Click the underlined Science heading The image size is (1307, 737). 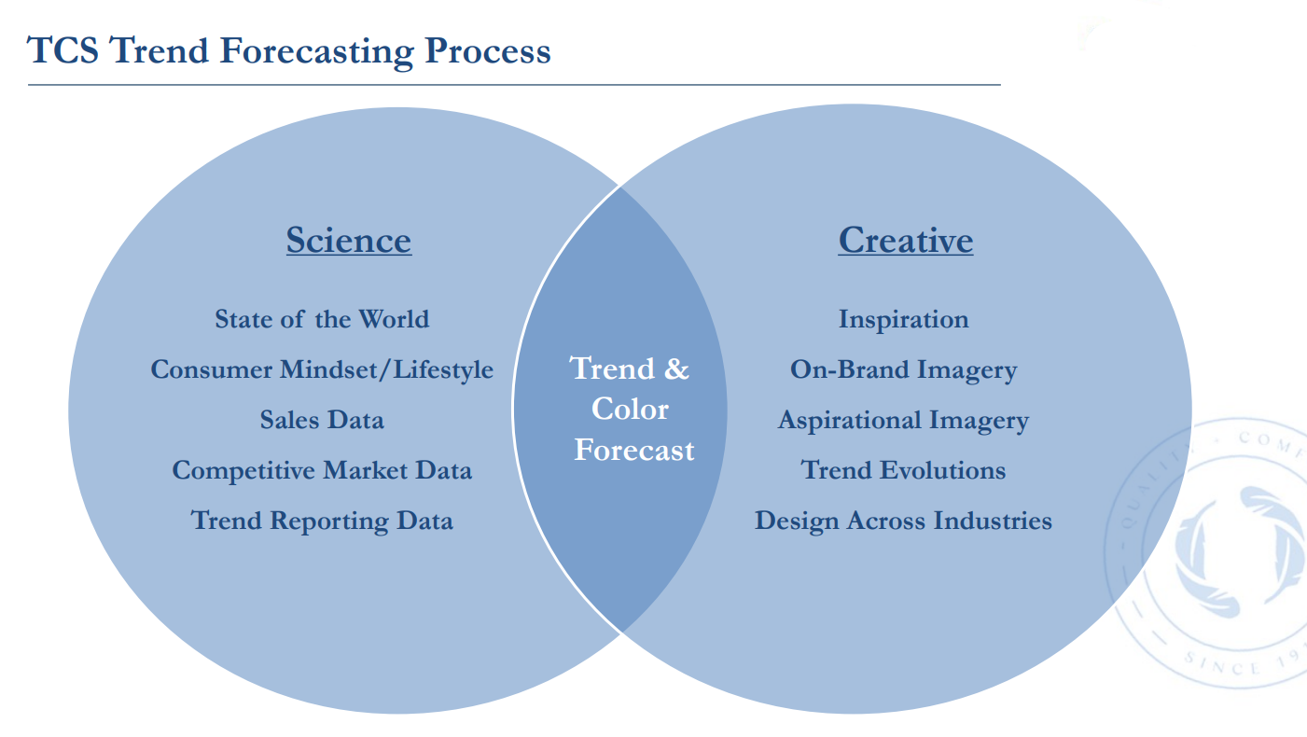pos(349,241)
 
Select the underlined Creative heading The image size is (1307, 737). pos(906,241)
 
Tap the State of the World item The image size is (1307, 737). pos(322,319)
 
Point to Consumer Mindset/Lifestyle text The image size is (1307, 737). pos(322,370)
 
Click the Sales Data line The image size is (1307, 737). pos(322,420)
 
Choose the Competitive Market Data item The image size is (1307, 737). pos(322,470)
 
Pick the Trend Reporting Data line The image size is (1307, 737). pos(322,521)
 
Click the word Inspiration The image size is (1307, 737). pos(904,320)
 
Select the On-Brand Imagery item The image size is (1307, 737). pos(904,370)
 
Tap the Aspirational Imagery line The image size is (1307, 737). pos(904,420)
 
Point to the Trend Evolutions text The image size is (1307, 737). pos(904,470)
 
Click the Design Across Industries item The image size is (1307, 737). pos(904,521)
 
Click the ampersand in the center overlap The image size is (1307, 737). pos(676,368)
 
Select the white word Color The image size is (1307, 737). pos(630,409)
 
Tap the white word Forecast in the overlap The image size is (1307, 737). pos(634,450)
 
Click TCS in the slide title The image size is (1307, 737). pos(63,50)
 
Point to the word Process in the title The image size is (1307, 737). pos(488,50)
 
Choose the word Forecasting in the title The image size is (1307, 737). pos(317,52)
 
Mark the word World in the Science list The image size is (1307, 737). pos(394,319)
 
